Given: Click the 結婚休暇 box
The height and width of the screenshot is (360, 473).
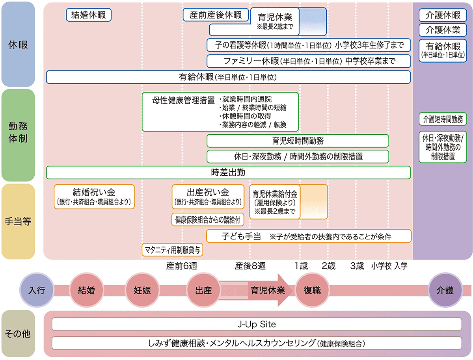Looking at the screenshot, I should [x=89, y=15].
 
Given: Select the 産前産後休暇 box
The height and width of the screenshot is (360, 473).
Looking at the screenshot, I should [x=216, y=15].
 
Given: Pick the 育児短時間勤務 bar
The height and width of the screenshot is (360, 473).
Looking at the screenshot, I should [x=298, y=141].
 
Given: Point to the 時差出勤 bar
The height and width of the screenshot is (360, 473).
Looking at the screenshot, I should [x=228, y=172].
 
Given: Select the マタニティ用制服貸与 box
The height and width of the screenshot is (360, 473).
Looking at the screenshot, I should [x=173, y=249].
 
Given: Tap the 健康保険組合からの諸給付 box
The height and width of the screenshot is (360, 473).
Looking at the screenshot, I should [x=207, y=219].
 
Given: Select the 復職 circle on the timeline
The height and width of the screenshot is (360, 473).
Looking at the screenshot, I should [x=312, y=291].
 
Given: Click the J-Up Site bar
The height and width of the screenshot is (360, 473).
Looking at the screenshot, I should [x=257, y=324].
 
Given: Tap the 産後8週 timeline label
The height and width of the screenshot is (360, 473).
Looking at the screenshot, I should [x=250, y=266].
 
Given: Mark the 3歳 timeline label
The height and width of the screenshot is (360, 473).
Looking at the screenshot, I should [x=357, y=266].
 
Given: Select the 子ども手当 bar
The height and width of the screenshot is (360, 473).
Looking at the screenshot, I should [x=309, y=236].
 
